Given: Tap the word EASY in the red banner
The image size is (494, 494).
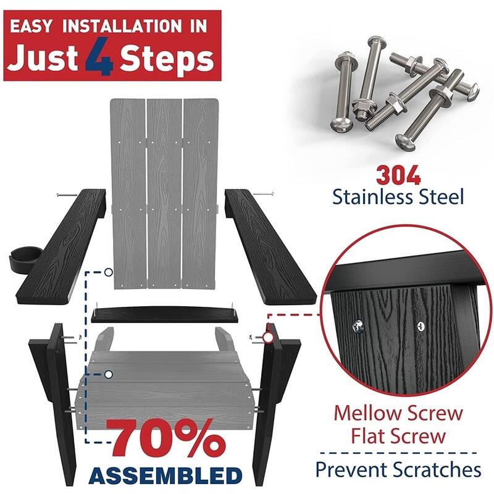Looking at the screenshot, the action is (x=30, y=26).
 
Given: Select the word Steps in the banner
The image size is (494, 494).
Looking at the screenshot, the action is (x=167, y=59).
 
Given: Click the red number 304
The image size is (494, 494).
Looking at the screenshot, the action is (x=398, y=175).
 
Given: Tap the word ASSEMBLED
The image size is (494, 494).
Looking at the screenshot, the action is (x=165, y=475).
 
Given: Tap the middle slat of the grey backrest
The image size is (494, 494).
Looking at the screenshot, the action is (x=164, y=193).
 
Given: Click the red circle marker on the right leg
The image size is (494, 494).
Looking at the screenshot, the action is (x=268, y=337).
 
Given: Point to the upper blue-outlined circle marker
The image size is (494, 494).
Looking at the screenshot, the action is (x=109, y=272).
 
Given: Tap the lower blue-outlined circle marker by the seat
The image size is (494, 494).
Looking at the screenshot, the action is (x=109, y=374).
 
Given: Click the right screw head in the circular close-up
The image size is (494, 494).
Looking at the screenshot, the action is (x=421, y=326).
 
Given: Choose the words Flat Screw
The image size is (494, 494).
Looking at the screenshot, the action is (x=398, y=437).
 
